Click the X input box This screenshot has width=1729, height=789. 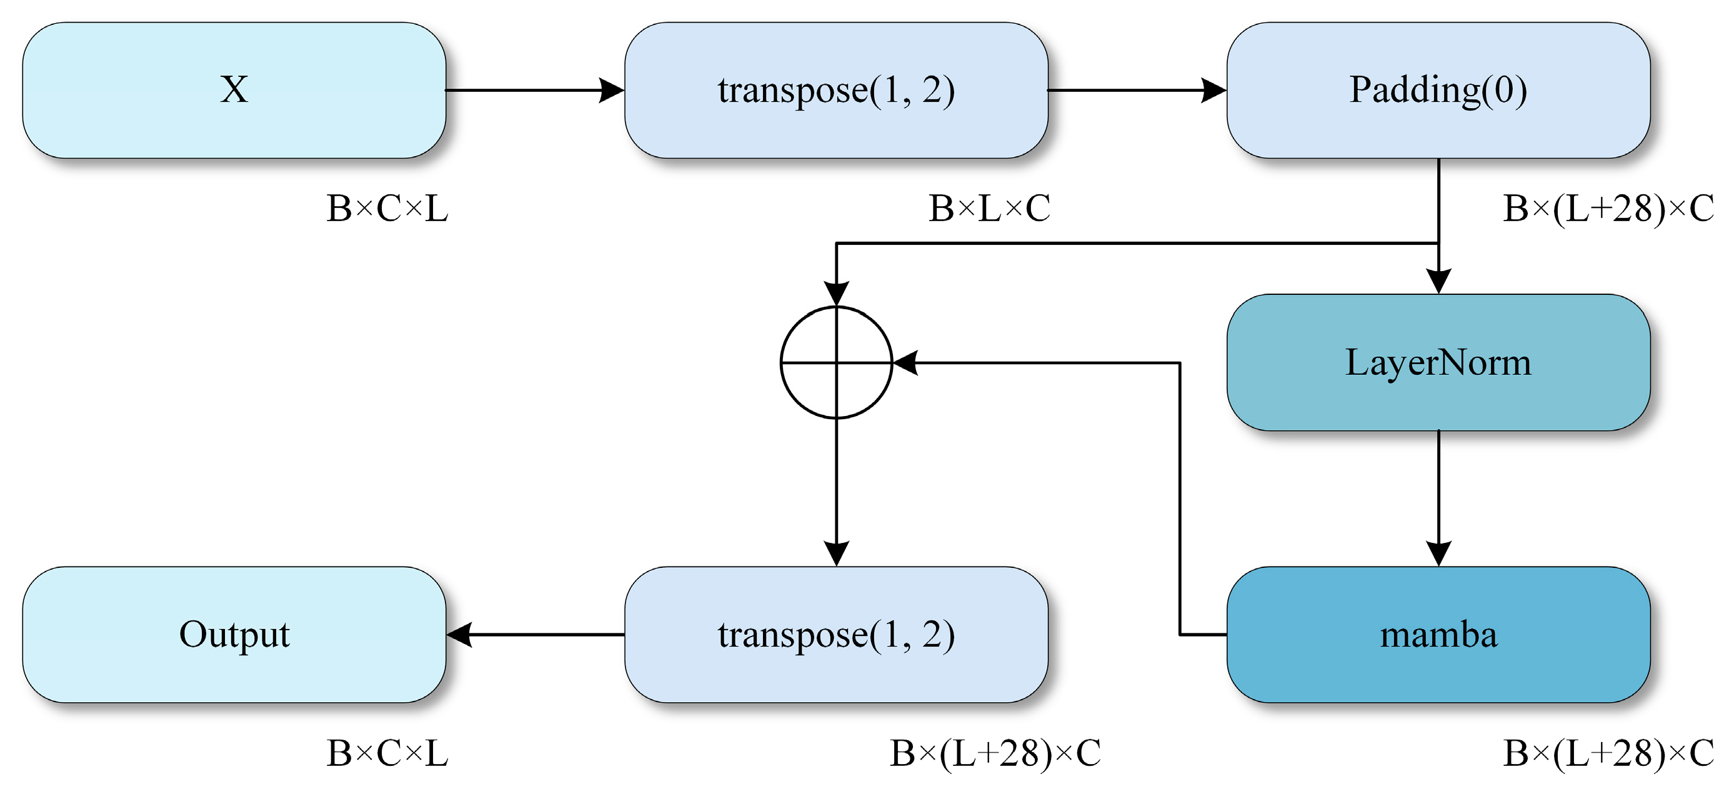point(234,91)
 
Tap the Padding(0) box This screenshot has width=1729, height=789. point(1438,91)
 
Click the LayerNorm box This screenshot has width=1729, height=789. point(1438,362)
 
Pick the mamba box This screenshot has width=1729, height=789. point(1438,635)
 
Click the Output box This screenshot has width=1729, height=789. point(234,635)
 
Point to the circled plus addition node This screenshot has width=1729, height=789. point(836,362)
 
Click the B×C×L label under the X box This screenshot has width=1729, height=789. point(387,209)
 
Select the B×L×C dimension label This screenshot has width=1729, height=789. point(989,209)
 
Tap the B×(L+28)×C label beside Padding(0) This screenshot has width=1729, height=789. point(1609,209)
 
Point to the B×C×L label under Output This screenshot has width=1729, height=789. point(387,753)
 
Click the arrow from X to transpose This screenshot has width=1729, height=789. point(535,90)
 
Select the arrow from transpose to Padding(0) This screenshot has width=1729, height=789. point(1137,90)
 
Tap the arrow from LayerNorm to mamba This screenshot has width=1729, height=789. point(1438,499)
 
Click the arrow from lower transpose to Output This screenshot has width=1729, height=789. point(536,635)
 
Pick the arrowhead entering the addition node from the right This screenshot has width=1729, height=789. point(905,362)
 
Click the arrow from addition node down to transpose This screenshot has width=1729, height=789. point(836,492)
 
